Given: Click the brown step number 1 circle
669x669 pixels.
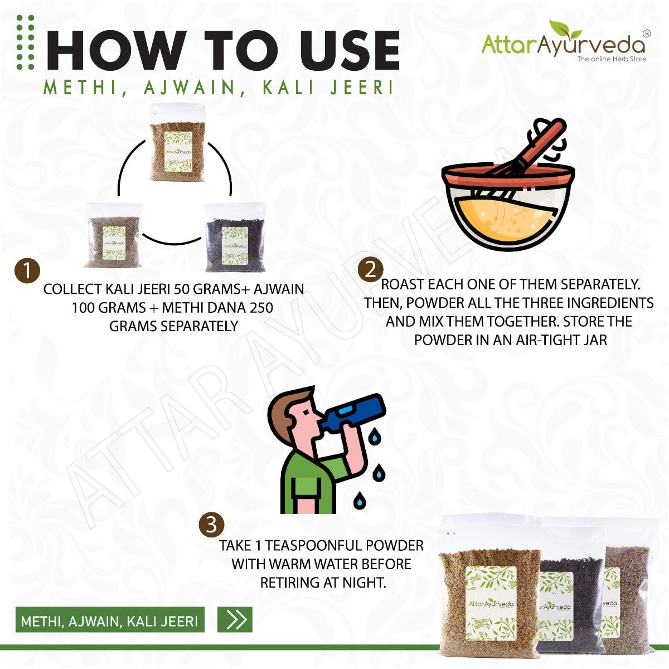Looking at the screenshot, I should click(x=27, y=270).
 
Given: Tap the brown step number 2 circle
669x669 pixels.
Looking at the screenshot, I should click(x=370, y=270).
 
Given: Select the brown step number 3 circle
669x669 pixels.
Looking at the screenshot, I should click(x=211, y=525).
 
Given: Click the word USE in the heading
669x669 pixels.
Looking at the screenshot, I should click(x=350, y=51).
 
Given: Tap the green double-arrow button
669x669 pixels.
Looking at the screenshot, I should click(x=235, y=619).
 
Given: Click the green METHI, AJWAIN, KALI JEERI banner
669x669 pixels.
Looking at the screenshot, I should click(x=110, y=620).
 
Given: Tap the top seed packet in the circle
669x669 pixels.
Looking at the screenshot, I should click(x=177, y=146).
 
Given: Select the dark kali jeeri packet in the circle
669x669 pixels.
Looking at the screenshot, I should click(x=235, y=237).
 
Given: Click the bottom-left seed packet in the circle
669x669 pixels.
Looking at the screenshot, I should click(x=114, y=235).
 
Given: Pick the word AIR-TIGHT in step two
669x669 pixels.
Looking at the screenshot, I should click(x=538, y=340).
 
